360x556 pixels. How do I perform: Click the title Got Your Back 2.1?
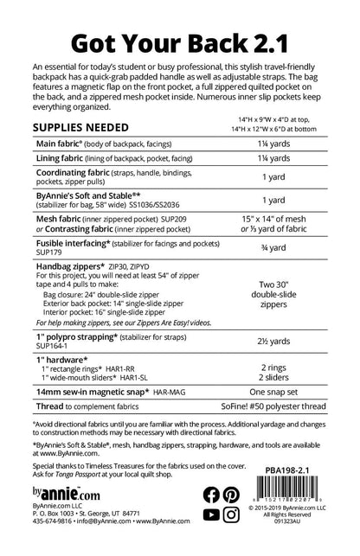180,39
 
